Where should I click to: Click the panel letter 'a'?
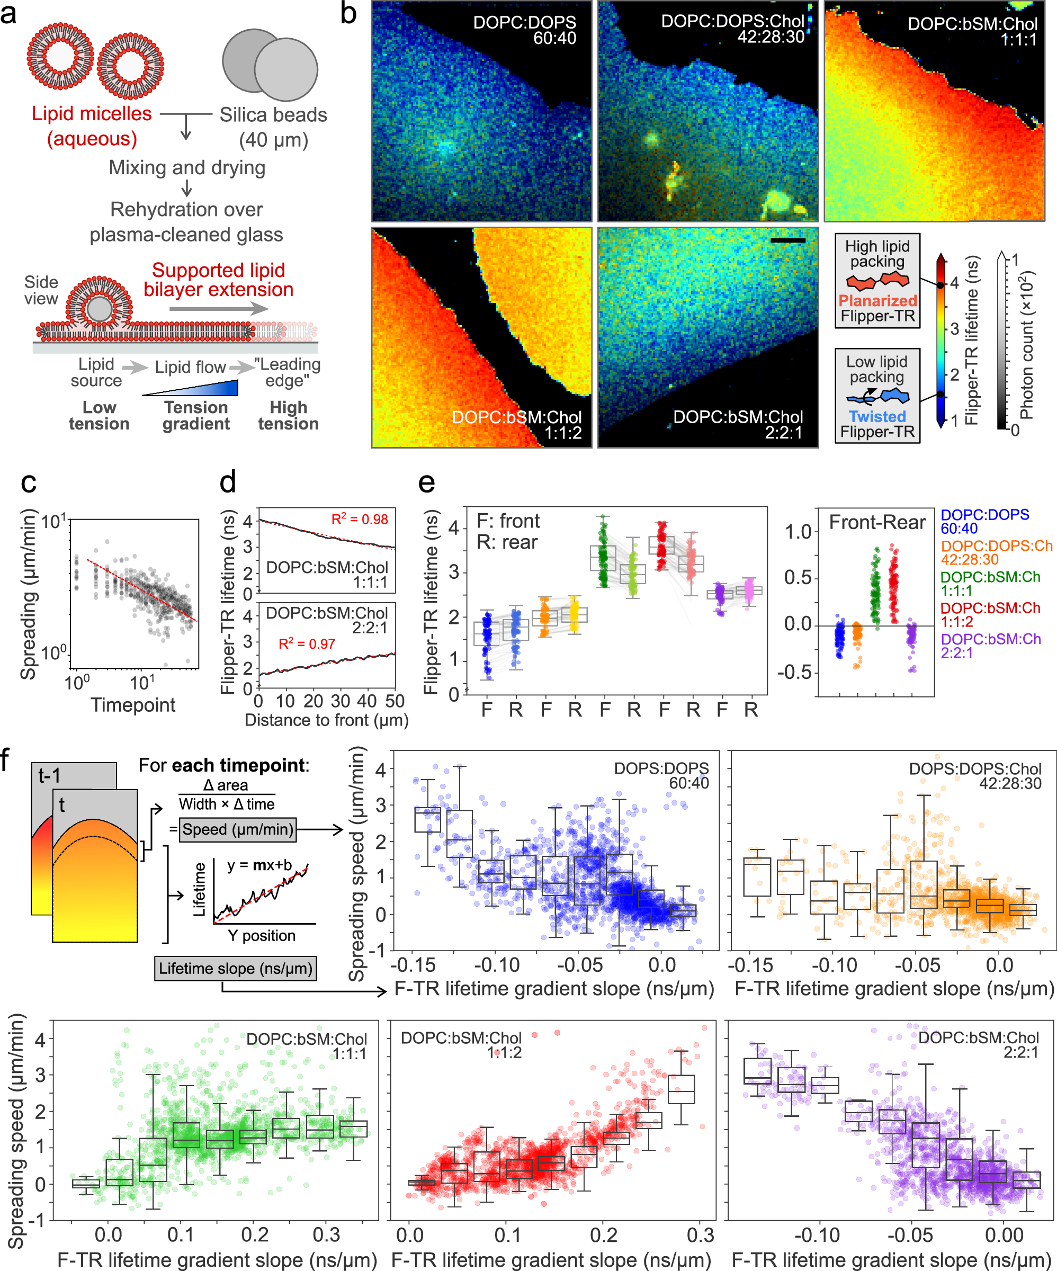tap(9, 13)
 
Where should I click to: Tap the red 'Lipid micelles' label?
tap(92, 114)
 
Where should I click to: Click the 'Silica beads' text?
tap(273, 115)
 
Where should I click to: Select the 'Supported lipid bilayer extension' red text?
tap(219, 280)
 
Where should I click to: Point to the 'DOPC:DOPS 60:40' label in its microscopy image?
tap(524, 30)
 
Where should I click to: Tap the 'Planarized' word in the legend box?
tap(876, 301)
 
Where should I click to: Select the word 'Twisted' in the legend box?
tap(876, 416)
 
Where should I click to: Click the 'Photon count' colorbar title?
tap(1026, 345)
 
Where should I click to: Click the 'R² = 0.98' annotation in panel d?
tap(360, 520)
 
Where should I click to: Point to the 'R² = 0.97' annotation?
tap(307, 644)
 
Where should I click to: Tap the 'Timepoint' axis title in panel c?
tap(133, 704)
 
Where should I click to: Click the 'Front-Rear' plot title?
tap(876, 522)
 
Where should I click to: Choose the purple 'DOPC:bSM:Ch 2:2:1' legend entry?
tap(990, 646)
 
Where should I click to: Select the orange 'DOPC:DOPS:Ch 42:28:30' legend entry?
tap(996, 552)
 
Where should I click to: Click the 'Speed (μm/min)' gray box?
tap(238, 829)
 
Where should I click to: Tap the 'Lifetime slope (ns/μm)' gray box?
tap(236, 969)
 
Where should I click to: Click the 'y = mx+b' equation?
tap(259, 865)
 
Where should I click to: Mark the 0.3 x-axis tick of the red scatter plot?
tap(700, 1234)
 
